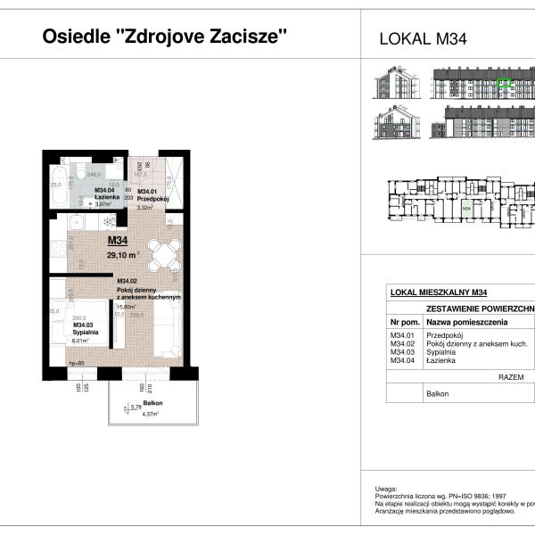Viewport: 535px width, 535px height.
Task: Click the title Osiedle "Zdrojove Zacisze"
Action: tap(165, 37)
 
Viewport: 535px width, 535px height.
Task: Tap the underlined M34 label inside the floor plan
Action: tap(118, 240)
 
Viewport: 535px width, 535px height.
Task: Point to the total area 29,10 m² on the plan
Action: tap(122, 254)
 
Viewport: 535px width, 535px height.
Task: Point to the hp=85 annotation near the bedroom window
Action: tap(78, 364)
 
